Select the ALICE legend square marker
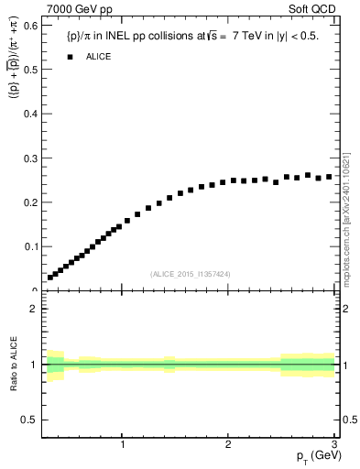69,57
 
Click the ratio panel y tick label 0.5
30,420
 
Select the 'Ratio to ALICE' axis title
14,364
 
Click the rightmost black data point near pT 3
329,176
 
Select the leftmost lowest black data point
50,277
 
